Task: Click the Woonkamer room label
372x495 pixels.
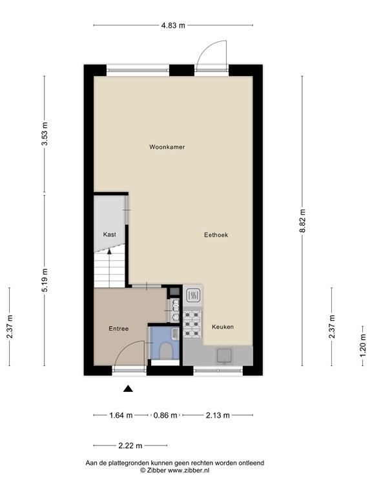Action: (167, 147)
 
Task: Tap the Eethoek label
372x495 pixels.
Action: (216, 235)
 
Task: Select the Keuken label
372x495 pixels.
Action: (223, 327)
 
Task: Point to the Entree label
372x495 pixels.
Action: (119, 329)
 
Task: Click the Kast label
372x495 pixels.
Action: (109, 235)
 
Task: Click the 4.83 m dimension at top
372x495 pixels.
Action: (173, 26)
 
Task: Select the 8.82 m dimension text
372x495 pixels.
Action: (303, 220)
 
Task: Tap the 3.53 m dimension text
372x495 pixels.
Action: (45, 133)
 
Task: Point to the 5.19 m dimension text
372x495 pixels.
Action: (45, 280)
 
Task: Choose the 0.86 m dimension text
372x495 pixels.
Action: (165, 415)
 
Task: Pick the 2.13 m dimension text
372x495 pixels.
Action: (218, 415)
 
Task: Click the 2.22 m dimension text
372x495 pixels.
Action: (130, 446)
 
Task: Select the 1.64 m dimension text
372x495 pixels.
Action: (121, 415)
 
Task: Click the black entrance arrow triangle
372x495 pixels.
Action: (128, 389)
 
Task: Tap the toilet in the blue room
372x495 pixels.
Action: (166, 351)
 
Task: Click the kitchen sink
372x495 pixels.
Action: (224, 356)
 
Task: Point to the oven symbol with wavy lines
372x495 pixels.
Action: (192, 296)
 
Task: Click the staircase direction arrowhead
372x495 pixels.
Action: (109, 251)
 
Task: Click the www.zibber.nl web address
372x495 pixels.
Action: (188, 471)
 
